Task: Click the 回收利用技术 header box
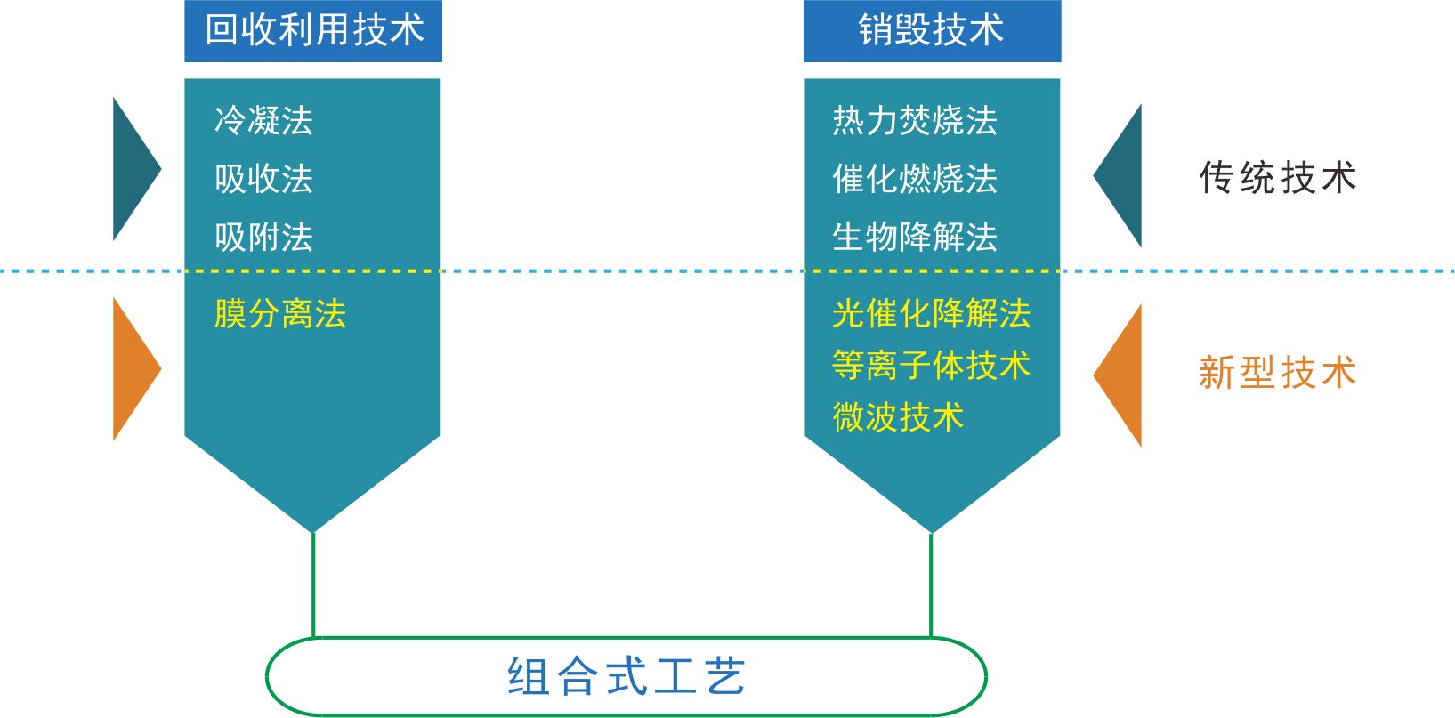[x=313, y=31]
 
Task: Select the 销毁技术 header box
[x=932, y=31]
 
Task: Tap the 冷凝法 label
[x=263, y=120]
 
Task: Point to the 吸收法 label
[x=263, y=179]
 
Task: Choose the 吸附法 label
[x=263, y=238]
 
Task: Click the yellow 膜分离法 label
[x=280, y=314]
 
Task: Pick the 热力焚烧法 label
[x=915, y=120]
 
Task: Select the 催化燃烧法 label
[x=915, y=179]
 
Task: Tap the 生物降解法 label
[x=915, y=238]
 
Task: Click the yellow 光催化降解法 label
[x=931, y=314]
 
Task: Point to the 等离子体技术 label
[x=931, y=366]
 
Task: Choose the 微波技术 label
[x=898, y=416]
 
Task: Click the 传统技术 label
[x=1277, y=178]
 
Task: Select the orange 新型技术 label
[x=1277, y=373]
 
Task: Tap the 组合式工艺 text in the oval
[x=626, y=677]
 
